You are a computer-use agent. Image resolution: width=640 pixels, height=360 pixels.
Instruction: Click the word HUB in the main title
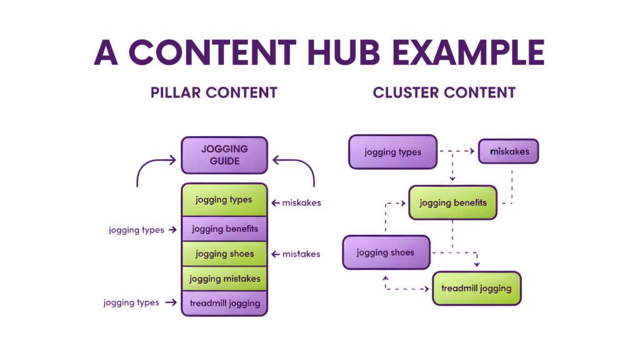pos(344,53)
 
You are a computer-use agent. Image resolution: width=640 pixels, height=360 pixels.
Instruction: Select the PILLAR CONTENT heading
pos(214,93)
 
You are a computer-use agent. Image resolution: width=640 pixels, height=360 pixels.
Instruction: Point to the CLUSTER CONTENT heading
pos(444,93)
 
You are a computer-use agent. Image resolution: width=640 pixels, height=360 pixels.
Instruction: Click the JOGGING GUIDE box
pos(224,155)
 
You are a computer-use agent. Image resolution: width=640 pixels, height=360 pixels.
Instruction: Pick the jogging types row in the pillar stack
pos(224,200)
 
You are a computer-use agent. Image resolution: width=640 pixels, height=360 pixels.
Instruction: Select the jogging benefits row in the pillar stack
pos(224,229)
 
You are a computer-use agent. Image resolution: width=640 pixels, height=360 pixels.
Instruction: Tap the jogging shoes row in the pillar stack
pos(224,254)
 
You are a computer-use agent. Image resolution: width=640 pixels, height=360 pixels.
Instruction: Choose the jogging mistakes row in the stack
pos(224,279)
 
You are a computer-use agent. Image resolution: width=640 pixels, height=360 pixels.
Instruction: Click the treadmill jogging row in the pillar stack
pos(224,303)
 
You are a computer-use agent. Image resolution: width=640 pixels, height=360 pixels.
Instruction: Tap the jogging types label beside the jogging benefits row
pos(136,230)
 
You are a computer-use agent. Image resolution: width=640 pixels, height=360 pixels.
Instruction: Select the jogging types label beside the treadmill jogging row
pos(131,303)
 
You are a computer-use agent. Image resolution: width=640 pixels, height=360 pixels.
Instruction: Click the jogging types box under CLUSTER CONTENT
pos(392,152)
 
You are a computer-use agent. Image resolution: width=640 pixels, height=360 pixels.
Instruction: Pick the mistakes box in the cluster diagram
pos(508,151)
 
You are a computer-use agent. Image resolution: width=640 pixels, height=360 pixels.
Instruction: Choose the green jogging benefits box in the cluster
pos(452,202)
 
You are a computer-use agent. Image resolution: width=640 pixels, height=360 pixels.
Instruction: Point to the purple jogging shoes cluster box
pos(386,252)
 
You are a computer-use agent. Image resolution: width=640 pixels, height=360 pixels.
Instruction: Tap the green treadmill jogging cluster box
pos(476,288)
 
